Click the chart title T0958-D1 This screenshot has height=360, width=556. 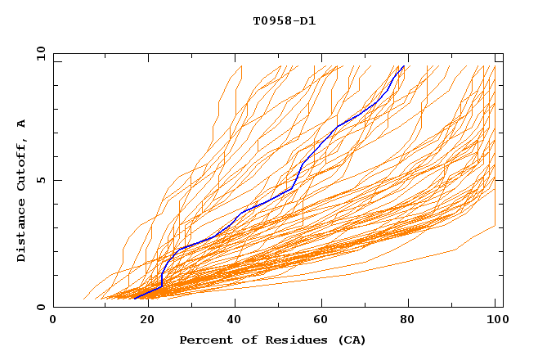coord(284,20)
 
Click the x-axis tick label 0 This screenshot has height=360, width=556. coord(53,321)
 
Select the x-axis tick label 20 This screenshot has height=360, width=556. coord(141,321)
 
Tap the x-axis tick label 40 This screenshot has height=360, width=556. coord(231,321)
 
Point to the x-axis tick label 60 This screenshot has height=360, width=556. coord(319,321)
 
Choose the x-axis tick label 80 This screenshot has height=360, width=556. coord(407,321)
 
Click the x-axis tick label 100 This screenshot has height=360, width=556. coord(495,321)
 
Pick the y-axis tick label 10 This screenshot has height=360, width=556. coord(40,53)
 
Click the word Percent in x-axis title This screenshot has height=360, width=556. coord(202,340)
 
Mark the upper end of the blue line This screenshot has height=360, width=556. coord(403,66)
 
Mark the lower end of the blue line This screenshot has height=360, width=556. coord(135,299)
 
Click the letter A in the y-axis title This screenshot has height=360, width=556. coord(22,123)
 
